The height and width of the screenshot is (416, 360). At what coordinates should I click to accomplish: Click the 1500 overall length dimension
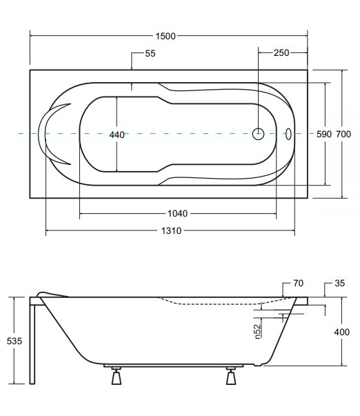point(166,36)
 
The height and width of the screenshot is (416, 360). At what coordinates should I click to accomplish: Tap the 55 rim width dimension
point(150,53)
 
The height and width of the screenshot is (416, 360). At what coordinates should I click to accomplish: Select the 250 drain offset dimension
point(281,53)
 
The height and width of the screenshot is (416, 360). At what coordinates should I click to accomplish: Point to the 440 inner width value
point(117,135)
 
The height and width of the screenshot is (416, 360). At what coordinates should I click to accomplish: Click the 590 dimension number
point(324,135)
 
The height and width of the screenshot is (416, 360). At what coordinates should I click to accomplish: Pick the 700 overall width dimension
point(343,135)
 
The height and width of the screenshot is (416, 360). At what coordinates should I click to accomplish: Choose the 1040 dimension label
point(177,213)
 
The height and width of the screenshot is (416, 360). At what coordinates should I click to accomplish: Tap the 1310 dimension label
point(171,230)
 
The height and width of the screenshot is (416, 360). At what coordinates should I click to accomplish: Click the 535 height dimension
point(14,341)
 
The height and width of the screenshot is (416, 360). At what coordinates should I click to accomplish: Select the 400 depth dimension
point(341,332)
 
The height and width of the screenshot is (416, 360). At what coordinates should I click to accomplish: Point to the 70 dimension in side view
point(299,284)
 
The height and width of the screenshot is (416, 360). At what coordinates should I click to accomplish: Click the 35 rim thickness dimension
point(339,284)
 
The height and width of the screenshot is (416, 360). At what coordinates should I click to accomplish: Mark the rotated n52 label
point(258,332)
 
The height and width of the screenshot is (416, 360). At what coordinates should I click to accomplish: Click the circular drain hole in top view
point(258,134)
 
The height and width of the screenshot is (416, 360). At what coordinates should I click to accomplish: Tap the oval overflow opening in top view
point(288,134)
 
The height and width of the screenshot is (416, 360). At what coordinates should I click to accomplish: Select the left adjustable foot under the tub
point(116,376)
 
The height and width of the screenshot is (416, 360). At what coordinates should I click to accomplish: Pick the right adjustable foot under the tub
point(231,376)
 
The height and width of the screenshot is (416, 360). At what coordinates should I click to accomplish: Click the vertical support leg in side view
point(32,344)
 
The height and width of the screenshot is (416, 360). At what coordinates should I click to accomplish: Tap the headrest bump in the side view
point(52,295)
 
